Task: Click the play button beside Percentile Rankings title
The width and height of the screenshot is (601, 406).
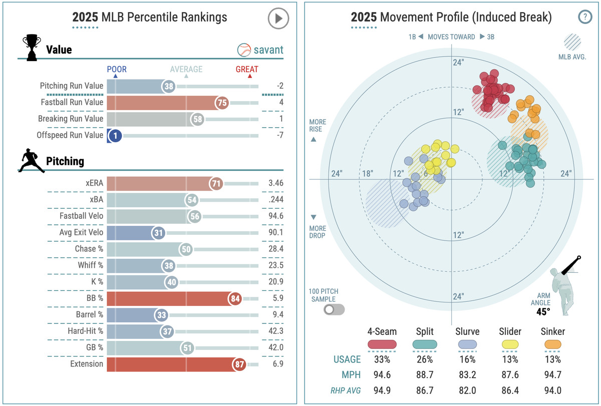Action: [278, 19]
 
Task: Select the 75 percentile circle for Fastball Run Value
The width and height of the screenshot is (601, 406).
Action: [222, 103]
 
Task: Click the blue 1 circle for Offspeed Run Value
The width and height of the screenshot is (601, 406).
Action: [115, 135]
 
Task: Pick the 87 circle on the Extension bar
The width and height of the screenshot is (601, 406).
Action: [239, 364]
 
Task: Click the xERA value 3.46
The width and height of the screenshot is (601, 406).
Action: [275, 183]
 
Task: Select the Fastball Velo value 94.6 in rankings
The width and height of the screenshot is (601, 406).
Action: [275, 216]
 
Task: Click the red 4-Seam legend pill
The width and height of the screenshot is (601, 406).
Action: [382, 344]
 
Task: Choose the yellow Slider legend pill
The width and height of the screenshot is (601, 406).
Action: [510, 344]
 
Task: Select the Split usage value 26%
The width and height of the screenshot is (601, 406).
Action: [425, 359]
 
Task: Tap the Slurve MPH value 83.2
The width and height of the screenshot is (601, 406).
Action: [467, 375]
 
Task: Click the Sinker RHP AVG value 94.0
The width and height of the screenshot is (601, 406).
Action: [553, 390]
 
